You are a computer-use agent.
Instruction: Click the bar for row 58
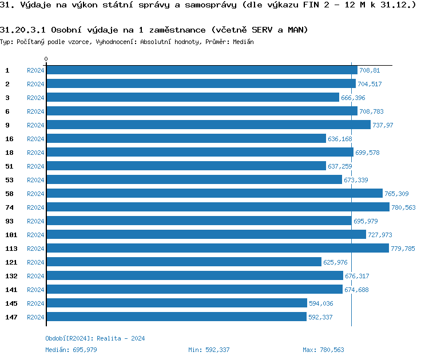tap(214, 193)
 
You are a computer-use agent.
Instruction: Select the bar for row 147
tap(176, 317)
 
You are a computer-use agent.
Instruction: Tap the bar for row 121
tap(184, 262)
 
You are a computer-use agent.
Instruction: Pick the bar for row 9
tap(208, 125)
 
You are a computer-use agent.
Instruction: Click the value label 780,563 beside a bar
tap(403, 207)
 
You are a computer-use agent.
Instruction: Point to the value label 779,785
tap(403, 249)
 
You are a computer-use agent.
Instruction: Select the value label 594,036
tap(320, 303)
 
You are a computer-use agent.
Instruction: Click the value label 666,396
tap(353, 98)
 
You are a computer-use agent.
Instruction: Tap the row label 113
tap(11, 248)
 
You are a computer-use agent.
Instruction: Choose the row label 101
tap(11, 234)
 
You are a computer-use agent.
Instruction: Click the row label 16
tap(9, 138)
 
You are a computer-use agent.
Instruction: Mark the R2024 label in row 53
tap(35, 180)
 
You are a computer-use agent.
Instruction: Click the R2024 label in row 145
tap(35, 303)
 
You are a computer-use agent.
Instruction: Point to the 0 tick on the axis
tap(46, 59)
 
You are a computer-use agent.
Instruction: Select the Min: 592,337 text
tap(209, 350)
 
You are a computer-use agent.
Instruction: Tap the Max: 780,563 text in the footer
tap(323, 350)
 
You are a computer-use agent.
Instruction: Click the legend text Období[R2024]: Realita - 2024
tap(95, 338)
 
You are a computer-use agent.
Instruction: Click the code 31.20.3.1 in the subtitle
tap(23, 29)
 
